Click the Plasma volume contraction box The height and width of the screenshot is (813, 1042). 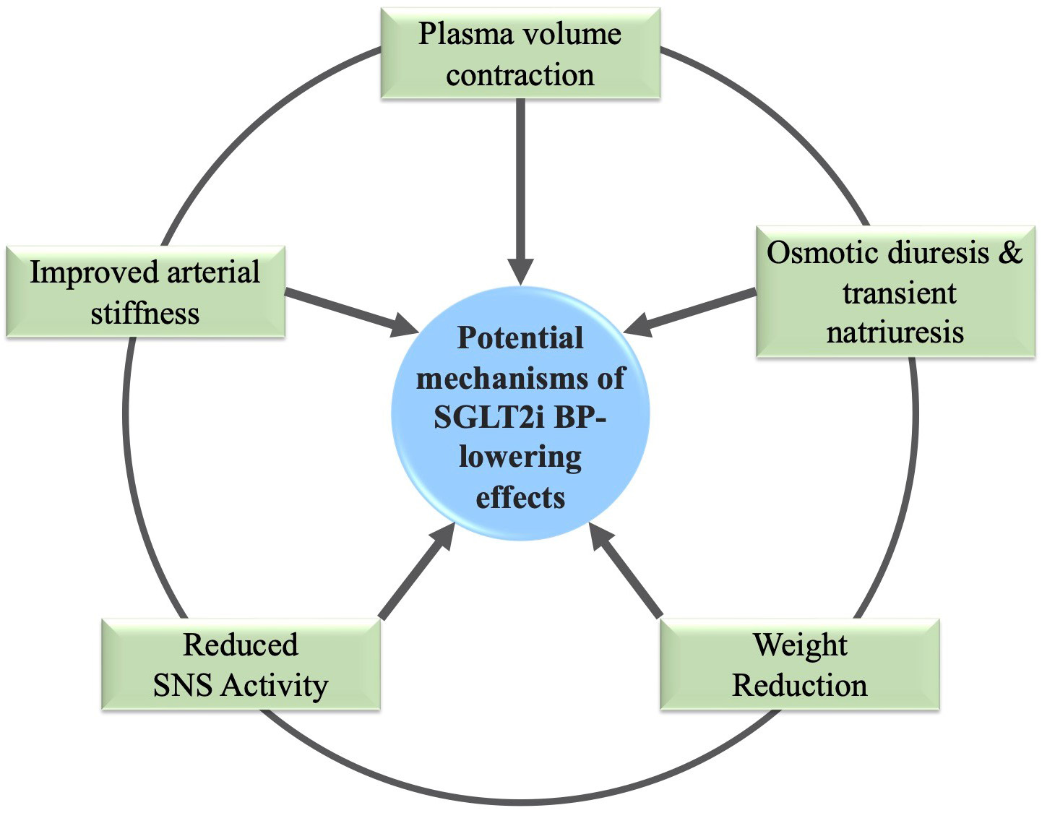coord(520,53)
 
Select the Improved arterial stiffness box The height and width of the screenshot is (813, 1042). coord(145,292)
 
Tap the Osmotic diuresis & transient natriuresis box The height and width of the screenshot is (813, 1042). coord(895,292)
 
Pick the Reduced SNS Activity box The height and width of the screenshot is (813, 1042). coord(241,664)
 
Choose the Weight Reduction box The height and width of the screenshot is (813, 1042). coord(800,664)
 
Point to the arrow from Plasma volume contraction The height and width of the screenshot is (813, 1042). coord(520,188)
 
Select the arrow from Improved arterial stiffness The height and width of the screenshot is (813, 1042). coord(347,311)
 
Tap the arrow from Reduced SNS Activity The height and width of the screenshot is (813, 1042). coord(415,575)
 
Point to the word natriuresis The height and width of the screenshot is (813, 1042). coord(895,332)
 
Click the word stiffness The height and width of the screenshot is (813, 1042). coord(145,314)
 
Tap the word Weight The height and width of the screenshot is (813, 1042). coord(800,644)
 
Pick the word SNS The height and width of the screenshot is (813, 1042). coord(184,685)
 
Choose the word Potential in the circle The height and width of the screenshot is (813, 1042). coord(520,337)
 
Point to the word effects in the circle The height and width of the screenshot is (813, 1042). coord(520,498)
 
